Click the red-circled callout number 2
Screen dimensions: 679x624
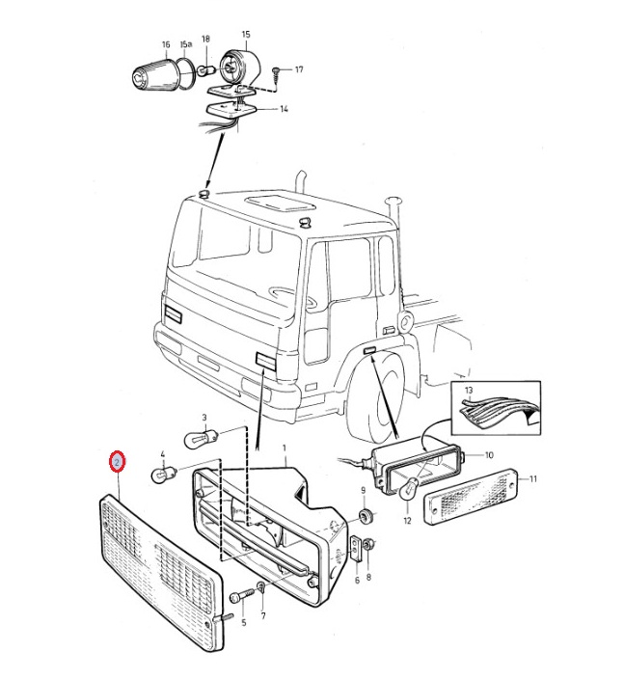[x=118, y=463]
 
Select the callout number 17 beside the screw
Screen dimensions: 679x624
[x=298, y=69]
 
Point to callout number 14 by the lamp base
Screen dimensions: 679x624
[x=284, y=109]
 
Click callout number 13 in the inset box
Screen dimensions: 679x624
[x=469, y=390]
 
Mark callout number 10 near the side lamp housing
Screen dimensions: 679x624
[x=489, y=454]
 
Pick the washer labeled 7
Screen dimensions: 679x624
[x=261, y=587]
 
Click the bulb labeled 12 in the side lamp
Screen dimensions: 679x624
[x=410, y=490]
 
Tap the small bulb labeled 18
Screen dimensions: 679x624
[x=206, y=70]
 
